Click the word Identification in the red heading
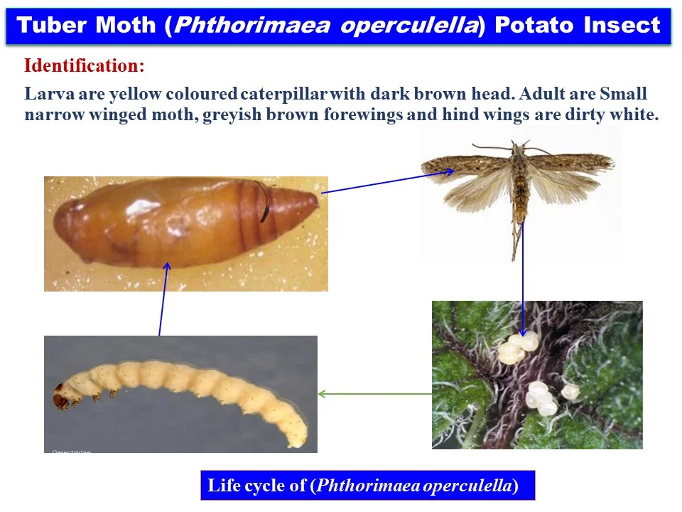[84, 66]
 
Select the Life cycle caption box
[367, 486]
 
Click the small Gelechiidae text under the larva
[71, 451]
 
